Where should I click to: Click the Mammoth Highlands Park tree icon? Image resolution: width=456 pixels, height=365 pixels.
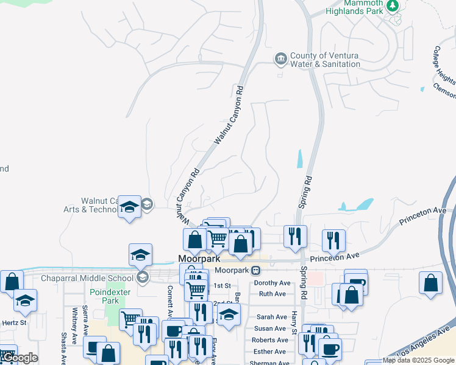(393, 6)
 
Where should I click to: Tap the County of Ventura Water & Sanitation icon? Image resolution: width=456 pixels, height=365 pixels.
(280, 58)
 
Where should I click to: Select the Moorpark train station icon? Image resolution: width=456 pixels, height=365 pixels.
(256, 269)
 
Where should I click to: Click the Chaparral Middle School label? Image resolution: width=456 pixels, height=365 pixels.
(87, 279)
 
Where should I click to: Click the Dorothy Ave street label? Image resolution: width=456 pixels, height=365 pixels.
(272, 283)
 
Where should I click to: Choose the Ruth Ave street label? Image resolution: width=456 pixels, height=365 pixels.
(272, 294)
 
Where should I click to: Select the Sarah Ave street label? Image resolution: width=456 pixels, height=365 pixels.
(271, 317)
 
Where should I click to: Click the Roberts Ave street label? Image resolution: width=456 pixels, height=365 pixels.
(269, 340)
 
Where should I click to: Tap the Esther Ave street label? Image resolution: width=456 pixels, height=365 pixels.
(269, 352)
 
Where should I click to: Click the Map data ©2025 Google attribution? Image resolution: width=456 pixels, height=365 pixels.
(418, 360)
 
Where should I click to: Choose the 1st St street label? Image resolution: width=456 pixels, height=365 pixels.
(222, 285)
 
